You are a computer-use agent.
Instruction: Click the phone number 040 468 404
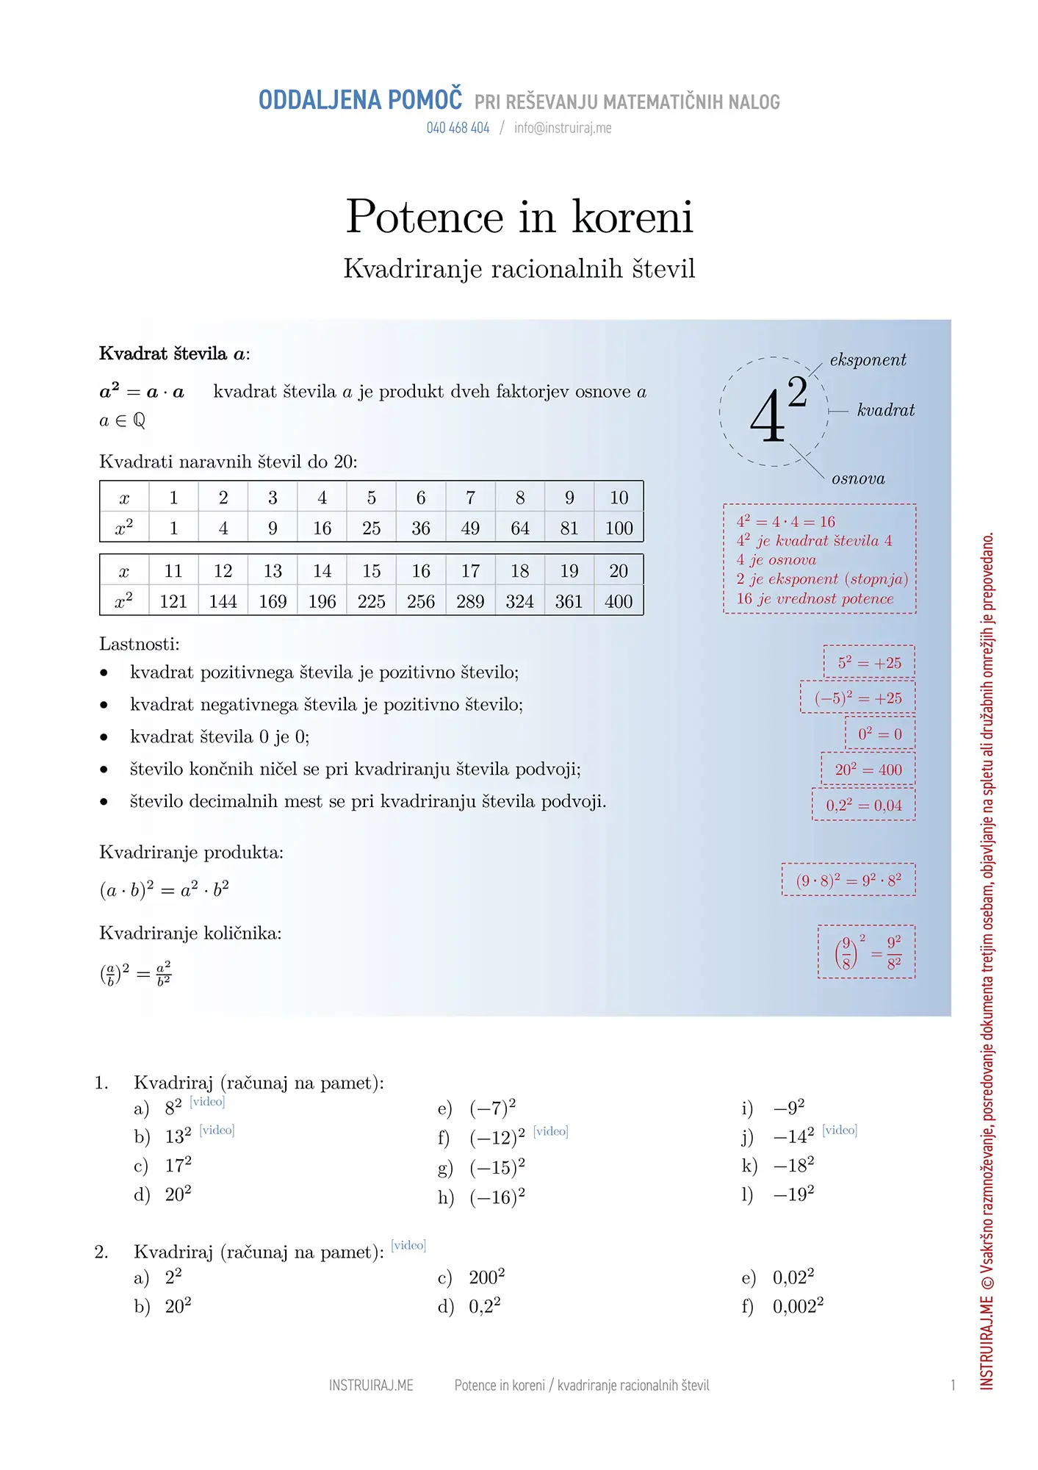(458, 128)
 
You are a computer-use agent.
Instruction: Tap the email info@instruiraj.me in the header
(563, 128)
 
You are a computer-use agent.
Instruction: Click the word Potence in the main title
(425, 217)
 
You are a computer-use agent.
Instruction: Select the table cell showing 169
(273, 601)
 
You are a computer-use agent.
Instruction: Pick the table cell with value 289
(470, 601)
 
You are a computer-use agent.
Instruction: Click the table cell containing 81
(569, 528)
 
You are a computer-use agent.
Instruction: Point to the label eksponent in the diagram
(868, 359)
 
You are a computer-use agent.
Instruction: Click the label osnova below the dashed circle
(858, 479)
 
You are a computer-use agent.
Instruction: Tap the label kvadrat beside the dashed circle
(886, 410)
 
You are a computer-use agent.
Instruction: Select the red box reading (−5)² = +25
(858, 698)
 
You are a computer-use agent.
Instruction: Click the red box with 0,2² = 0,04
(864, 805)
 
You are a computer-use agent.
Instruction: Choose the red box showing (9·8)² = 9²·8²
(848, 880)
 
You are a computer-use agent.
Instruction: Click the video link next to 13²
(217, 1130)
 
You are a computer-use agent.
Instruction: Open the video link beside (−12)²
(551, 1131)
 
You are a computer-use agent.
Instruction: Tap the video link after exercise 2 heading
(408, 1245)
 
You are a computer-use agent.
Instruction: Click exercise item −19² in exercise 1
(793, 1194)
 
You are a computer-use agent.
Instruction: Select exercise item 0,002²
(798, 1306)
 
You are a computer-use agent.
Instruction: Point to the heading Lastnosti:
(140, 644)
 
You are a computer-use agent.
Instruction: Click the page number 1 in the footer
(953, 1385)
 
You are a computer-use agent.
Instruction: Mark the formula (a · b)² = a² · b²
(165, 890)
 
